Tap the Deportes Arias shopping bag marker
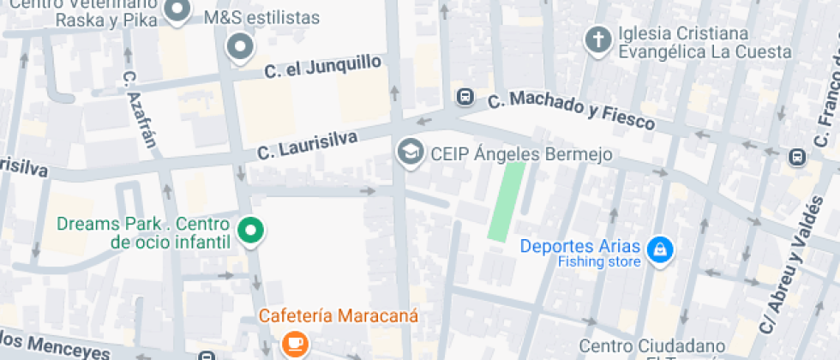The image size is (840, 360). click(660, 249)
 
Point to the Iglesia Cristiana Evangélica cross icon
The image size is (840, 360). click(596, 39)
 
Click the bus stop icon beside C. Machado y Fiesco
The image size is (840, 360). click(465, 96)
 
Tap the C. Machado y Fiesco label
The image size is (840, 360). click(572, 111)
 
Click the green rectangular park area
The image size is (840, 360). click(507, 201)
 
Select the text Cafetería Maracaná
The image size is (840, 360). click(340, 315)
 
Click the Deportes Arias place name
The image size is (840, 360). click(580, 246)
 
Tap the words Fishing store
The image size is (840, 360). click(599, 262)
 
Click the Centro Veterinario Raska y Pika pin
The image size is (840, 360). click(177, 10)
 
